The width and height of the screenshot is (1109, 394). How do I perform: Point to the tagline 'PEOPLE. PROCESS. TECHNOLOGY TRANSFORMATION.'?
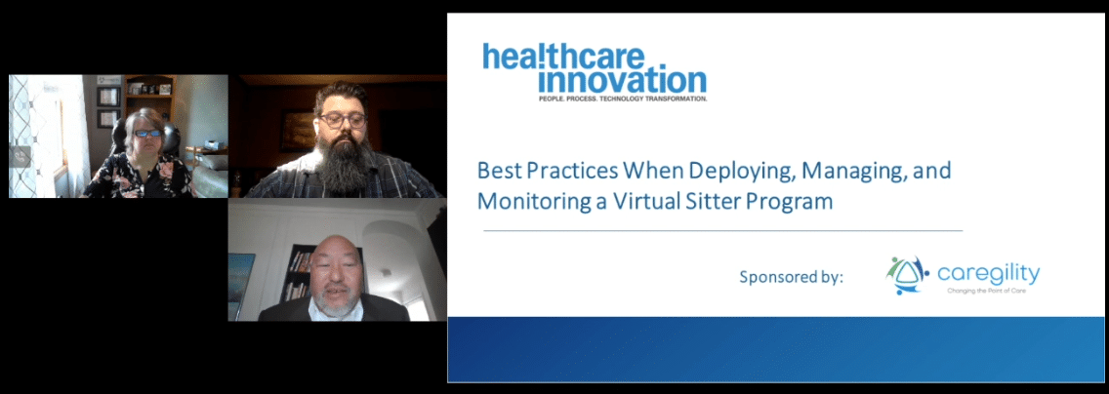pyautogui.click(x=623, y=98)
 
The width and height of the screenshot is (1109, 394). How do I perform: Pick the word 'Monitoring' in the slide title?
pyautogui.click(x=523, y=202)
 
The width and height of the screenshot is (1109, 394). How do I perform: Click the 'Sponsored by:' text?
pyautogui.click(x=791, y=277)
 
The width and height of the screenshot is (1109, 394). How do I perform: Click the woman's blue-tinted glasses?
pyautogui.click(x=145, y=134)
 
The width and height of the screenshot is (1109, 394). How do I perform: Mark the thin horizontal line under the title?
pyautogui.click(x=722, y=231)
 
